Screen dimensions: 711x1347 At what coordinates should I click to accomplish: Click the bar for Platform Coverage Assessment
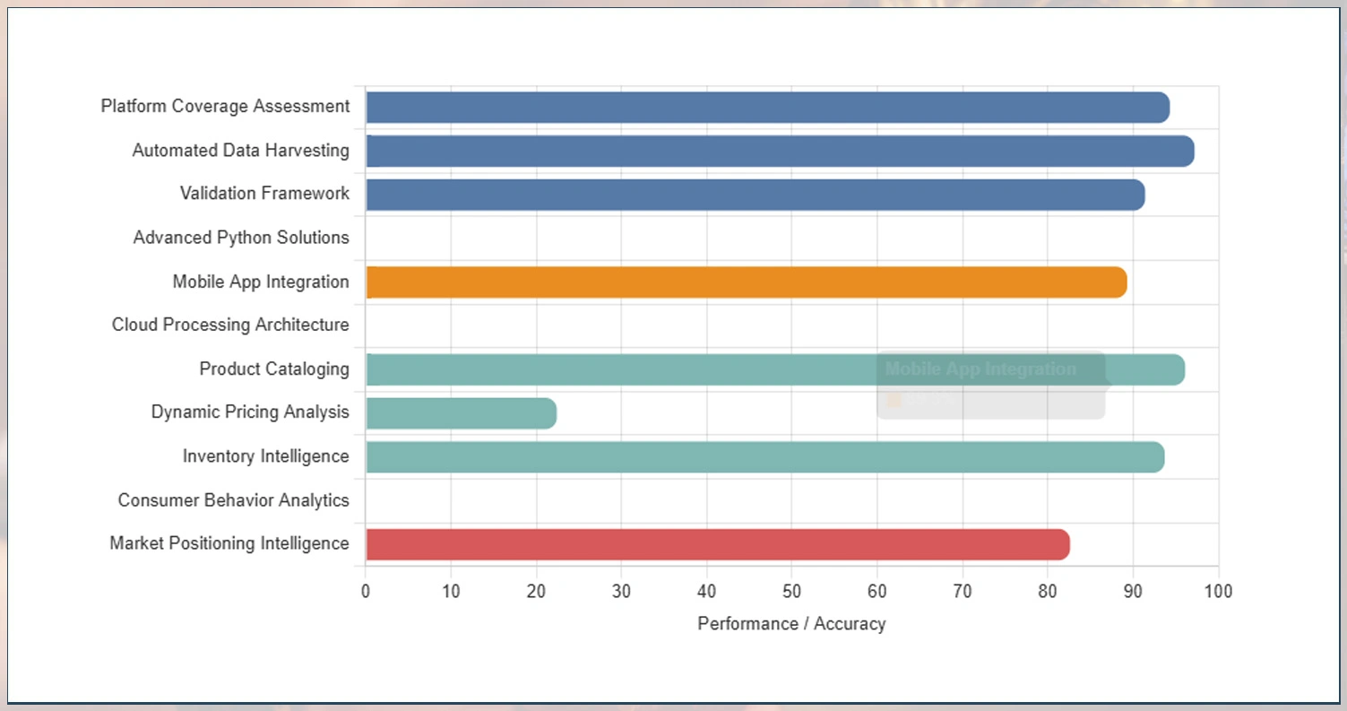767,108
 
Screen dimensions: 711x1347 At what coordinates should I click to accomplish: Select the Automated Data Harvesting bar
780,152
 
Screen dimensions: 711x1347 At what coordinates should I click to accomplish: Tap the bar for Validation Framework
755,195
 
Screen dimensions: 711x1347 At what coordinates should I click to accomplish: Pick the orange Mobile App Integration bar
746,282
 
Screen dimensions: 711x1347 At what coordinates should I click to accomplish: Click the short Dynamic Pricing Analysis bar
461,413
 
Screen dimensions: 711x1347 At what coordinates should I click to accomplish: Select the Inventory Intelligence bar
764,457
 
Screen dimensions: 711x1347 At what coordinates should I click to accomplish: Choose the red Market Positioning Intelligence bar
717,544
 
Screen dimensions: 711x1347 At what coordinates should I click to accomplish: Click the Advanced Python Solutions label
241,238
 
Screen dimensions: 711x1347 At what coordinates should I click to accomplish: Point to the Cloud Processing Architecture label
230,325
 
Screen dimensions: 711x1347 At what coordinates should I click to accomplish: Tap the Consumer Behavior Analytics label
233,500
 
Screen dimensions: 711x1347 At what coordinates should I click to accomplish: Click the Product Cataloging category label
274,369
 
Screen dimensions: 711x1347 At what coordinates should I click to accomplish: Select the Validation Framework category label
264,194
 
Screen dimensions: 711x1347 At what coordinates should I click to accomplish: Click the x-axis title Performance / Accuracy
791,624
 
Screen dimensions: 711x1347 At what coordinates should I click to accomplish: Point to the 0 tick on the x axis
366,592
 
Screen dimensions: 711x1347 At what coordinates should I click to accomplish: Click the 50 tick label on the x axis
791,592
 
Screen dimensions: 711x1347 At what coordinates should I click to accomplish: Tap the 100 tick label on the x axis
1218,592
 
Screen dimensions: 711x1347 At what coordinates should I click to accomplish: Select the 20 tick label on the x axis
536,592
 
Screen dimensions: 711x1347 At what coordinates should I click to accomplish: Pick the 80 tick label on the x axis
1048,592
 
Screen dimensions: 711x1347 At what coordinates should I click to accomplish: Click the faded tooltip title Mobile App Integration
980,369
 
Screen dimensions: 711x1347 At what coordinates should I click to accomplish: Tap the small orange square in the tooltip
894,400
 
